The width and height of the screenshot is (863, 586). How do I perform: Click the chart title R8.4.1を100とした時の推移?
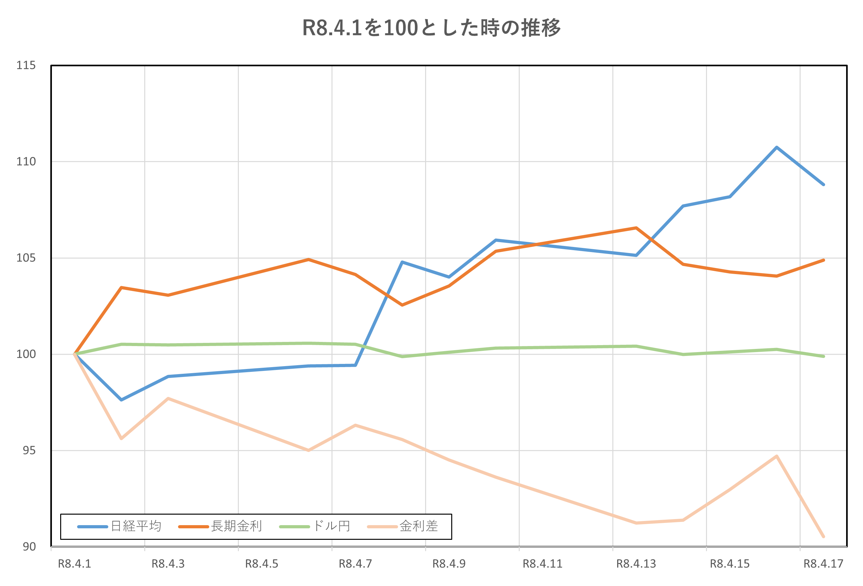[431, 28]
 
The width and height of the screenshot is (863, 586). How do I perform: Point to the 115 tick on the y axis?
[26, 65]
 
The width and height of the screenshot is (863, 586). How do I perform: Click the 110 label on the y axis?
[26, 162]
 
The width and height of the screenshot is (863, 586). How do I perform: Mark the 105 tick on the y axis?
[26, 258]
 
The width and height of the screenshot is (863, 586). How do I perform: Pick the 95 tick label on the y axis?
[29, 450]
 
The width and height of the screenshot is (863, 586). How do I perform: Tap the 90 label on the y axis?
[29, 546]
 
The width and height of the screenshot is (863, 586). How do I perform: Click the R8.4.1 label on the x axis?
[74, 564]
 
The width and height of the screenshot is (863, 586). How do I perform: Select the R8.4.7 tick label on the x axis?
[355, 564]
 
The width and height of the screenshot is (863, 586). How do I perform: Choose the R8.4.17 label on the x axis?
[823, 564]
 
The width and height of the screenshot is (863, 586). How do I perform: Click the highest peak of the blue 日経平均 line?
[776, 148]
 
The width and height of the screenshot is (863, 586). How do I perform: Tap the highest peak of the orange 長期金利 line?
[636, 228]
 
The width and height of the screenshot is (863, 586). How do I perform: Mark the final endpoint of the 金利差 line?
[824, 537]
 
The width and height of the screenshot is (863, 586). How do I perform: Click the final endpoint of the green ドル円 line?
[824, 356]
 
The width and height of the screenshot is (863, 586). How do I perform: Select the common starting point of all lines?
[75, 354]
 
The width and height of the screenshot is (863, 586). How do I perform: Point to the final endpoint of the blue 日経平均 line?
[824, 184]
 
